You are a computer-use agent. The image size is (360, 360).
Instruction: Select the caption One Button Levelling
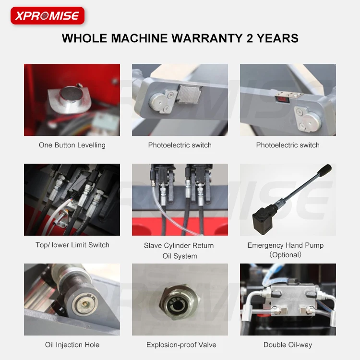point(72,145)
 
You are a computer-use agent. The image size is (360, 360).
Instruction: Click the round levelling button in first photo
point(69,94)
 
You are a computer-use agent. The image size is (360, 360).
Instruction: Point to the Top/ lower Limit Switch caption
point(72,245)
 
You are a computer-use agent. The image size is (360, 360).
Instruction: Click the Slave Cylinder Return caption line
point(179,245)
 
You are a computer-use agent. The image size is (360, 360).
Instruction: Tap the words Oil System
point(180,256)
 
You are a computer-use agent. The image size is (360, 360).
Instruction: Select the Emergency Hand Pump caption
point(285,245)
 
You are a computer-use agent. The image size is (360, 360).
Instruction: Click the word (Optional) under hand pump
point(285,255)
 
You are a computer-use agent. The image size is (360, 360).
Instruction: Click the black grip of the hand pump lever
point(325,170)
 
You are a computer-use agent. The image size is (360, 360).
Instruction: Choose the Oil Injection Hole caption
point(72,345)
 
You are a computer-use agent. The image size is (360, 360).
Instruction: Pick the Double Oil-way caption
point(288,345)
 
